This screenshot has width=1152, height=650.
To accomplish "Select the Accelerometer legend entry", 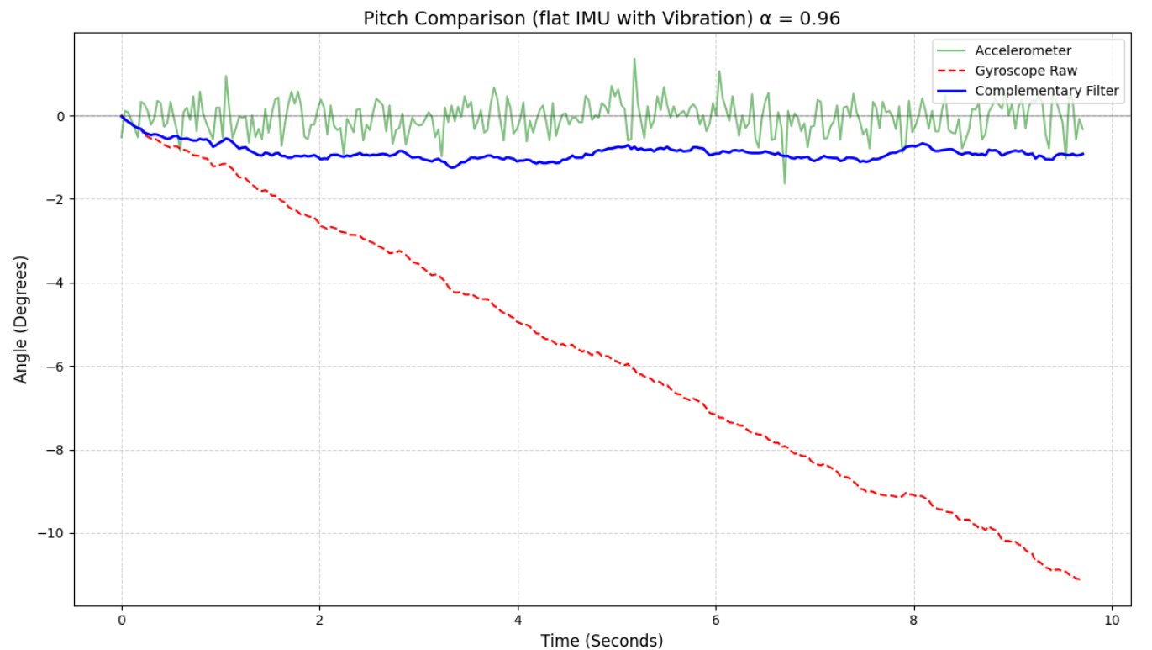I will click(1023, 51).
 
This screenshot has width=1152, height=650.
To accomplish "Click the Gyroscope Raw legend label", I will click(1025, 71).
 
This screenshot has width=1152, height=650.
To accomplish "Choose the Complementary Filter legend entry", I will click(1046, 91).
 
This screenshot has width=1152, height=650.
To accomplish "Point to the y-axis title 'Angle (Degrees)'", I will click(21, 320).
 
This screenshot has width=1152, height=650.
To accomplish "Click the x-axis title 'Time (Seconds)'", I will click(602, 641).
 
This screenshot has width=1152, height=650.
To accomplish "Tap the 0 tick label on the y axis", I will click(60, 116).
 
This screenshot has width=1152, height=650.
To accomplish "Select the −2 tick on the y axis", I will click(56, 199).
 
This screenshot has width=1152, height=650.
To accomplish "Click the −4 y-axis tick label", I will click(56, 283).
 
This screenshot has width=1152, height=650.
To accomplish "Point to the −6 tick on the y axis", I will click(56, 367).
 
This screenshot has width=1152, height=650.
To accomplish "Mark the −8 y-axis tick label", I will click(56, 450).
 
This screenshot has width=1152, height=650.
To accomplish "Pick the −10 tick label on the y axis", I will click(53, 534).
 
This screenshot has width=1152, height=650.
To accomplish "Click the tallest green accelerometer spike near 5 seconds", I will click(634, 59).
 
